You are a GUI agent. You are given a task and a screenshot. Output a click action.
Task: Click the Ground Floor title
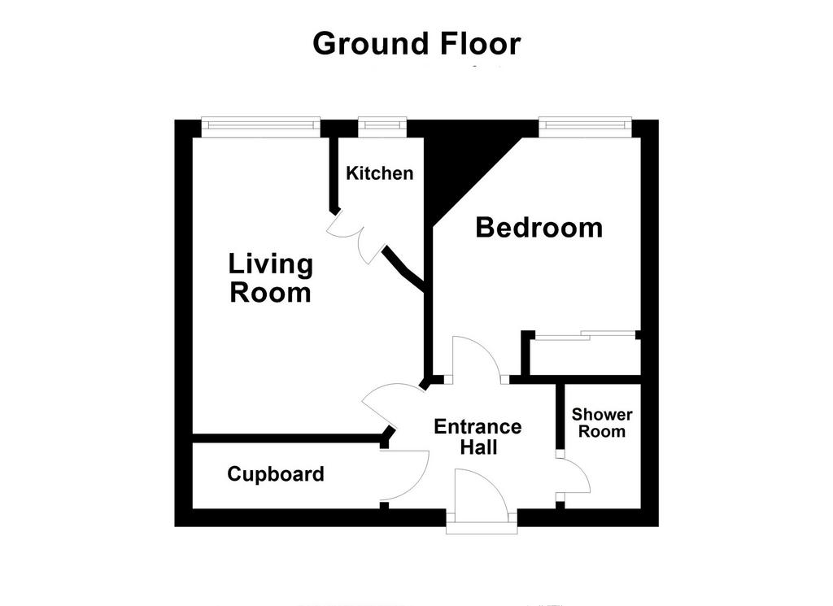pos(416,44)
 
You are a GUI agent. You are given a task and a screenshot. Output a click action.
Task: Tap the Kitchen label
pos(379,173)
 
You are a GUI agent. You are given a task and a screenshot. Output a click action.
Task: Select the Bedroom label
pos(539,228)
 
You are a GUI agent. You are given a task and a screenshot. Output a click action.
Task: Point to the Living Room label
pos(270,278)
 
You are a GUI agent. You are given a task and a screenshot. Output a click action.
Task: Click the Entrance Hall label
pos(478,437)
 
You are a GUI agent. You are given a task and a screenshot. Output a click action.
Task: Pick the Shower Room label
pos(602,423)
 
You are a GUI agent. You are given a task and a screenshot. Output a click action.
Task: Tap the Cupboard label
pos(276,473)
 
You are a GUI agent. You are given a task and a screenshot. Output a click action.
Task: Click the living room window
pos(261,127)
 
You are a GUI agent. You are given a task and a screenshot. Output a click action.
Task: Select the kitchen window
pos(382,127)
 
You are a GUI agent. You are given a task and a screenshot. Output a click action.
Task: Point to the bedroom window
pos(585,127)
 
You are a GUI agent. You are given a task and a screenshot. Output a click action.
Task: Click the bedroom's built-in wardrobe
pos(585,355)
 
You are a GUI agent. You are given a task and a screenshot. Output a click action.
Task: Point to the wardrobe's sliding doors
pos(585,335)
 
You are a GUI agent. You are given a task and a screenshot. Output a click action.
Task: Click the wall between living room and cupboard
pos(287,438)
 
